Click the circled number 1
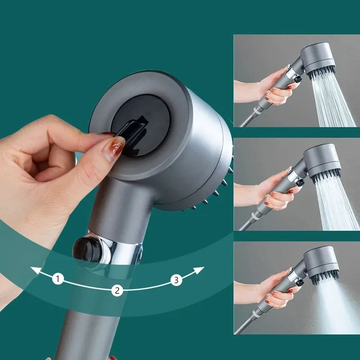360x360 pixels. (58, 279)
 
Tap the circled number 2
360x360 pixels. (117, 290)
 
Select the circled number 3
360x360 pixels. (176, 280)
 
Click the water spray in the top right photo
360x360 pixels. (335, 101)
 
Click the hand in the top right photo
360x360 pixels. (272, 88)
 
